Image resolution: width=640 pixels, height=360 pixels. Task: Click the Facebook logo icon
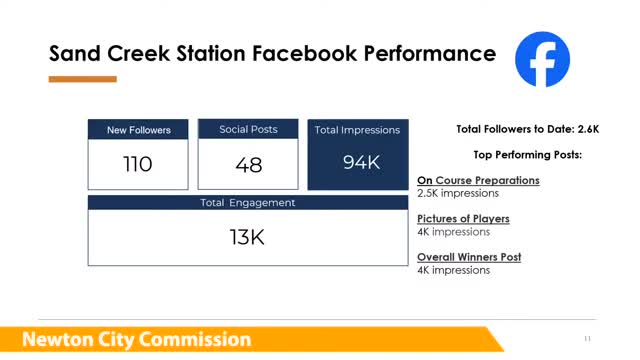pos(542,59)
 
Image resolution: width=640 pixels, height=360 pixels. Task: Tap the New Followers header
pos(138,130)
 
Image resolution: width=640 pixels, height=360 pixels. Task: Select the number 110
pos(138,164)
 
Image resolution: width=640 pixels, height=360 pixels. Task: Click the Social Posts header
pos(248,129)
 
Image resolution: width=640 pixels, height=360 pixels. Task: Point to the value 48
pos(248,165)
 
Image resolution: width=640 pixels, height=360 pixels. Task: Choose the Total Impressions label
pos(357,130)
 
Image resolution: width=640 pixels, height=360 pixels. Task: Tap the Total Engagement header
pos(248,203)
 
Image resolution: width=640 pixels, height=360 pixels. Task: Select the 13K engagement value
pos(248,238)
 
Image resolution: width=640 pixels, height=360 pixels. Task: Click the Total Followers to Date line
pos(527,129)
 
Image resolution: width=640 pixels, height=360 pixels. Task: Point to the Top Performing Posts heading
pos(527,155)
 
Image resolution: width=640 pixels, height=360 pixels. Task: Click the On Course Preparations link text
pos(478,181)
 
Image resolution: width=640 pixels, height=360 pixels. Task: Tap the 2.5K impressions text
pos(456,193)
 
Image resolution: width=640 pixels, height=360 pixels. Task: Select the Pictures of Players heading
pos(463,219)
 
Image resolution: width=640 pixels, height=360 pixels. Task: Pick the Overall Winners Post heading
pos(469,257)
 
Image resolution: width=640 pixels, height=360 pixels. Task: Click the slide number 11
pos(587,338)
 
